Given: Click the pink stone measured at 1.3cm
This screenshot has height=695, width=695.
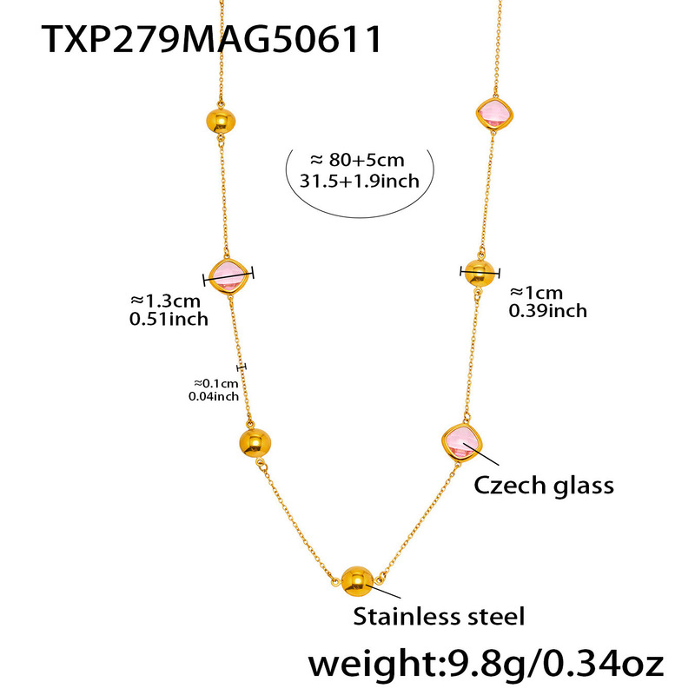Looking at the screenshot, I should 230,275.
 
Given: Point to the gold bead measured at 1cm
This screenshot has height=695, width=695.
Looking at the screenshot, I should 478,272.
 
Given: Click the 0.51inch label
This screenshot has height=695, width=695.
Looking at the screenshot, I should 168,319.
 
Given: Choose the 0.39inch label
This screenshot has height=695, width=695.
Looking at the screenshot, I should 547,311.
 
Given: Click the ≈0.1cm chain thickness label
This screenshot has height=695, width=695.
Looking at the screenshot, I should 215,383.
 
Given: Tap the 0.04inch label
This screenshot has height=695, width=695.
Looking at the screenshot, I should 213,397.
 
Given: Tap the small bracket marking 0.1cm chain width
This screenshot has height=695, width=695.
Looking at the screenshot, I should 242,367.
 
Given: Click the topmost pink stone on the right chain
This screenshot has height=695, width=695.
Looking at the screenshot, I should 492,113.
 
